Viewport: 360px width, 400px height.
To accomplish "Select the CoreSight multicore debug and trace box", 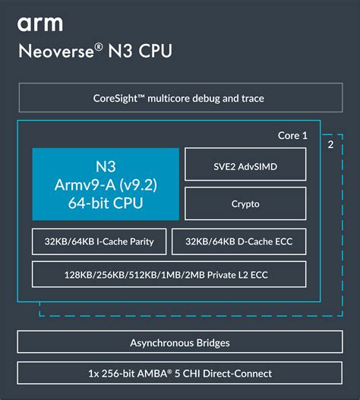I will [179, 98].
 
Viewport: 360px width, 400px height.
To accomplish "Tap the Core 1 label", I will [292, 135].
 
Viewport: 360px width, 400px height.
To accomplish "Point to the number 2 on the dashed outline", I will [330, 143].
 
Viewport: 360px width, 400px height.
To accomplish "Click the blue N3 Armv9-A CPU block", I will [106, 184].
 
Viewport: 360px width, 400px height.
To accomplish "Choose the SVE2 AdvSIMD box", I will [245, 164].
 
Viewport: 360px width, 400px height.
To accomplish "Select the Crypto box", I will [245, 203].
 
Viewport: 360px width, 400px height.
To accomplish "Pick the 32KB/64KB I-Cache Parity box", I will [99, 241].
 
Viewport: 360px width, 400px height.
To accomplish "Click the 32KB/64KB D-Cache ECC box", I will [239, 241].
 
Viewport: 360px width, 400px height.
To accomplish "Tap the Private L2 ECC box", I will [169, 274].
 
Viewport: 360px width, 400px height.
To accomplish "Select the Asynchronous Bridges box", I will [179, 342].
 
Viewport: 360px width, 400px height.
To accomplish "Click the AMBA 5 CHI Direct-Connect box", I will [179, 373].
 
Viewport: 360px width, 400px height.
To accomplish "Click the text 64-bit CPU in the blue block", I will [106, 203].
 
